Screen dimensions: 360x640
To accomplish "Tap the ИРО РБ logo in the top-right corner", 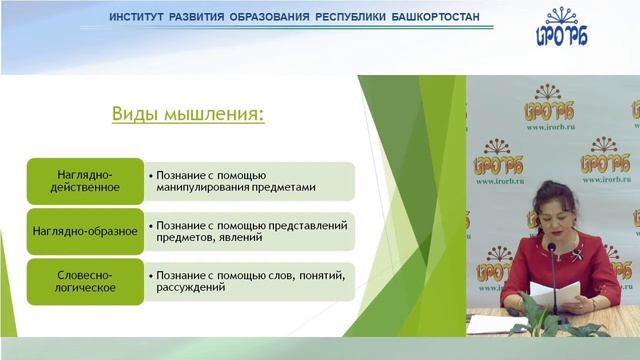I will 561,29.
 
